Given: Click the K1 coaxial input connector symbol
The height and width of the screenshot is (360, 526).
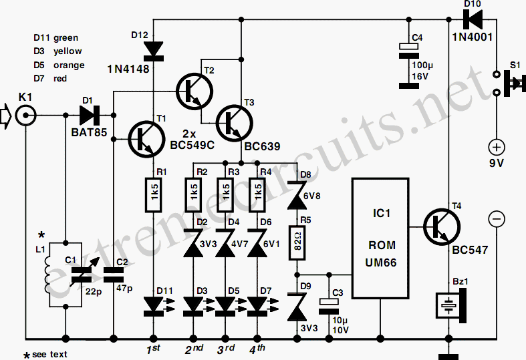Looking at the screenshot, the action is click(x=26, y=116).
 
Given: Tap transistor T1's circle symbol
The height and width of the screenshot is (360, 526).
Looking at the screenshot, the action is click(x=146, y=139).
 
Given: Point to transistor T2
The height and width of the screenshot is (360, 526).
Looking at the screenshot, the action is click(x=194, y=91).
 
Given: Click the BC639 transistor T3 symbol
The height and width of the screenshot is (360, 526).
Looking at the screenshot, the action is click(x=235, y=123).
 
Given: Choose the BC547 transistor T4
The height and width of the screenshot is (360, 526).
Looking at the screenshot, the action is click(x=442, y=227).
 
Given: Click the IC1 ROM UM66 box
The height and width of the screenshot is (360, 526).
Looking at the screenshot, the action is click(x=380, y=238).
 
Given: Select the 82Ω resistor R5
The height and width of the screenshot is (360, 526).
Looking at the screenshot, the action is click(x=297, y=242).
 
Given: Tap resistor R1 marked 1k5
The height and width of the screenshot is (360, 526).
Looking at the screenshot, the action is click(x=153, y=195).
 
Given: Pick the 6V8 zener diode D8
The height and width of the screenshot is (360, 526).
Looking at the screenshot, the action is click(x=297, y=196).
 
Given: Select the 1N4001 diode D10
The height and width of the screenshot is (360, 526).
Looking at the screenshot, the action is click(x=473, y=19).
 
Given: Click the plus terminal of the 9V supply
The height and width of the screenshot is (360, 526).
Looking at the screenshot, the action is click(x=497, y=147).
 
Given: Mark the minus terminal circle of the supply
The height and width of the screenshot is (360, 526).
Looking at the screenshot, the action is click(x=497, y=219).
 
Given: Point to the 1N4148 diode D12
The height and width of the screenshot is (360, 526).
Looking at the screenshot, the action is click(x=153, y=51).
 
